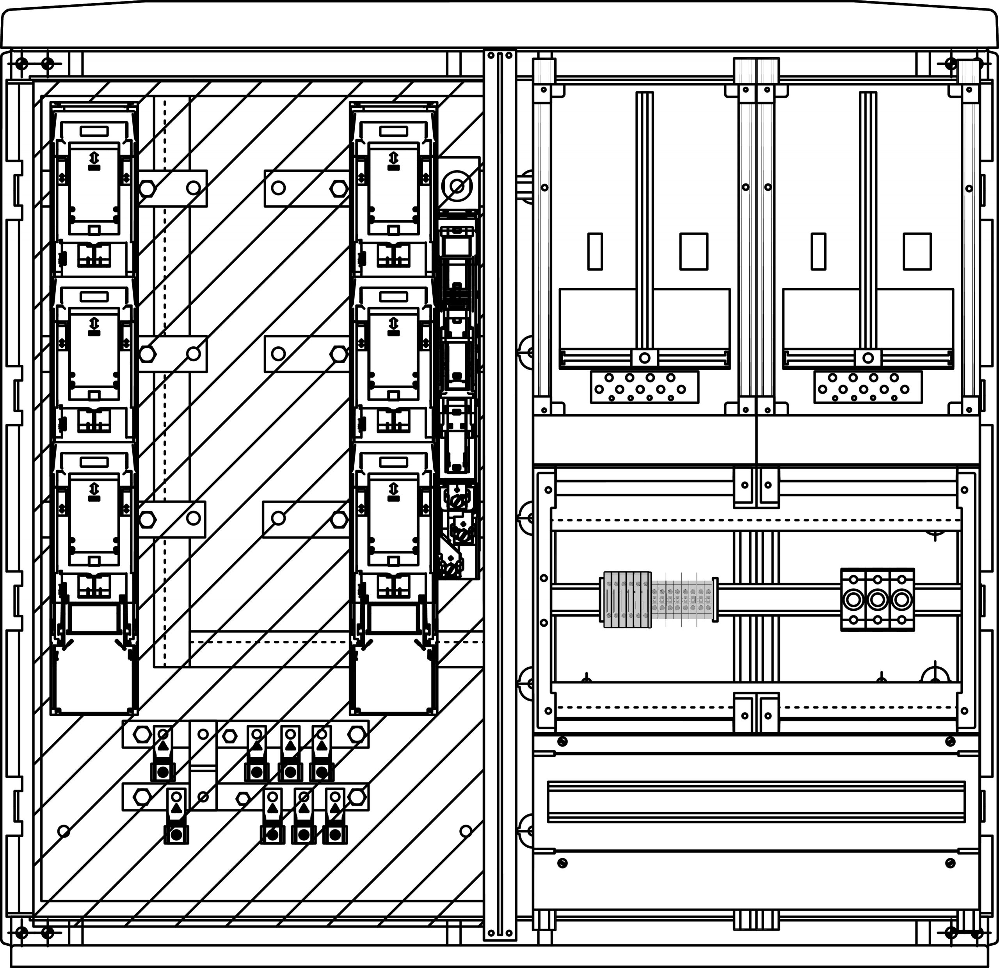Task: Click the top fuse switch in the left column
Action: [94, 189]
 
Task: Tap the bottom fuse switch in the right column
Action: [393, 520]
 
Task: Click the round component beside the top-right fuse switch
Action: [457, 187]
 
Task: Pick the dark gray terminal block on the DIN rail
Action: [627, 599]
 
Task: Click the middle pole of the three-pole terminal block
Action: [877, 600]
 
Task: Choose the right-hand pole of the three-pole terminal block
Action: [902, 600]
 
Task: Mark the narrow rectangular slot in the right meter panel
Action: [818, 251]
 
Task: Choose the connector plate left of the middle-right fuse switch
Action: [306, 353]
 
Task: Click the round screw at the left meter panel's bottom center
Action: [644, 358]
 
